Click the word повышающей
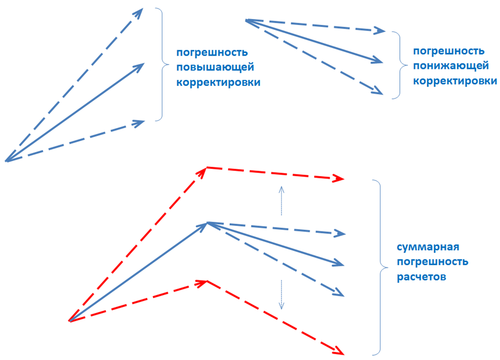tap(215, 67)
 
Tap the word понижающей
tap(451, 66)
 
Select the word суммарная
tap(428, 247)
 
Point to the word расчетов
tap(421, 277)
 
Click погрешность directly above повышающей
tap(212, 52)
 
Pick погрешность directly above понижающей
tap(449, 51)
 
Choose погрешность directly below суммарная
tap(432, 262)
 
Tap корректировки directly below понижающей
tap(455, 81)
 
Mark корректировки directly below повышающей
tap(219, 83)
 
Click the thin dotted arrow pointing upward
tap(281, 201)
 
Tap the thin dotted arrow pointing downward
tap(281, 294)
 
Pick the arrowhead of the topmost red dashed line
tap(339, 178)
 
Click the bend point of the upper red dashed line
tap(207, 167)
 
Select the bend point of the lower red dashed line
tap(207, 281)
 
